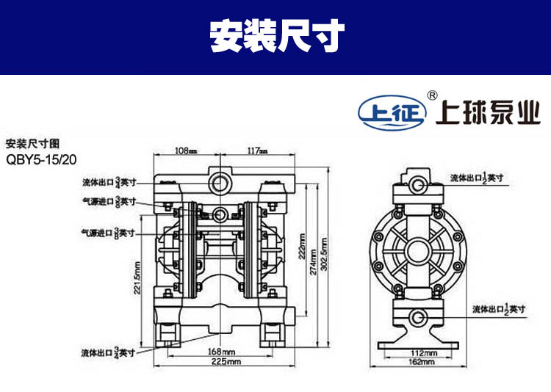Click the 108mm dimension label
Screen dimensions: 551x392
pos(186,151)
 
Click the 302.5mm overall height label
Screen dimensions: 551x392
pos(325,260)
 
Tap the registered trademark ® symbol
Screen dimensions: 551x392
pos(433,95)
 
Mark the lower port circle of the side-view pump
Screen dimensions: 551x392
pos(419,316)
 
